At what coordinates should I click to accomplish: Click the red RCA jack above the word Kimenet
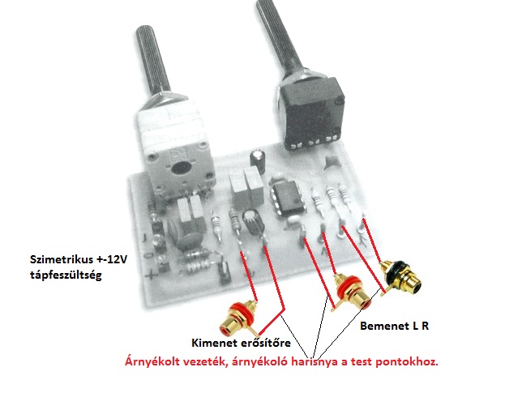[x=240, y=311]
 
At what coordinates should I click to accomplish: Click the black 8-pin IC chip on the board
[x=285, y=198]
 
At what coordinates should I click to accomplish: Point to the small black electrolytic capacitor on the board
[x=258, y=156]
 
